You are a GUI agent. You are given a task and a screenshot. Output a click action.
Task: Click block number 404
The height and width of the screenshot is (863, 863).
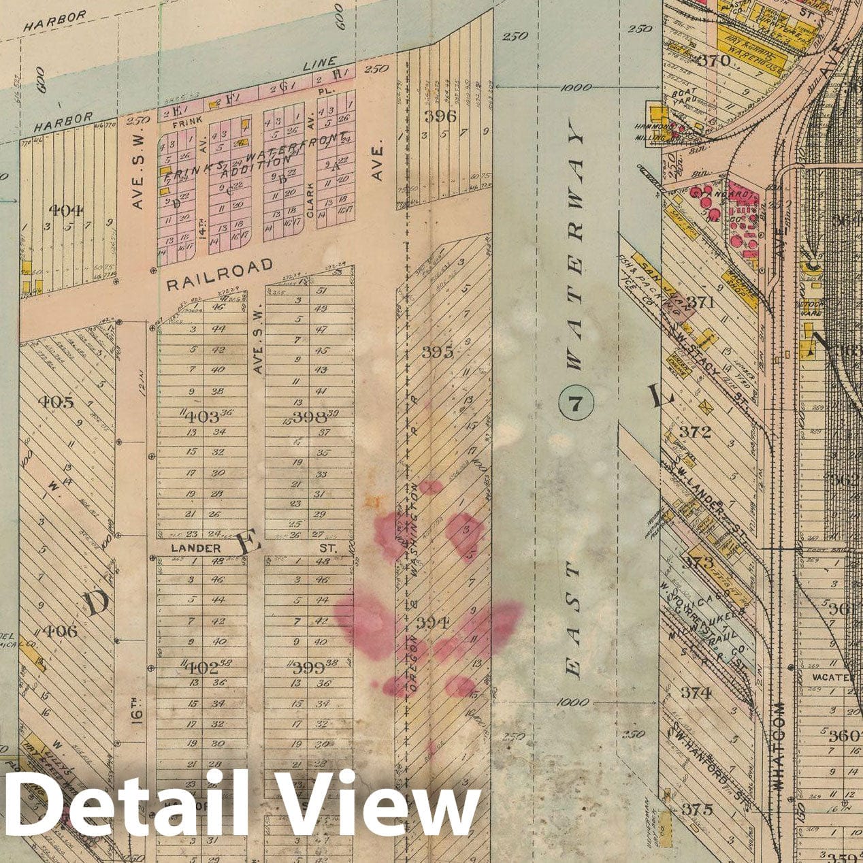tap(67, 210)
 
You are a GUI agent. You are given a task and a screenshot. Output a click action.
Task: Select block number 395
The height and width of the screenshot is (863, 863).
tap(437, 353)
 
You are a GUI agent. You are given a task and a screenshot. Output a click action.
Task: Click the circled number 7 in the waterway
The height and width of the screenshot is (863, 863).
tap(576, 405)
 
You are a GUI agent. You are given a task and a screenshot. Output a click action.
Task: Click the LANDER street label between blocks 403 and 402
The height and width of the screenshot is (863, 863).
tap(195, 548)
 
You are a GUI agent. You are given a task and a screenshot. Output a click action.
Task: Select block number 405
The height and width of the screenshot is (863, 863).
tap(57, 402)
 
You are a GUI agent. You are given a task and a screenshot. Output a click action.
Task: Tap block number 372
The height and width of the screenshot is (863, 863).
tap(695, 432)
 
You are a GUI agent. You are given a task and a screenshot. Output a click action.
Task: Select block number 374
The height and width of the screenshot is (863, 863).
tap(696, 693)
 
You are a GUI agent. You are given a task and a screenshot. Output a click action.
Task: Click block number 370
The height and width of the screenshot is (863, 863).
tap(714, 61)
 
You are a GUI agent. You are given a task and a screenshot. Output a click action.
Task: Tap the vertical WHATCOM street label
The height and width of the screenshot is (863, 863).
tap(779, 745)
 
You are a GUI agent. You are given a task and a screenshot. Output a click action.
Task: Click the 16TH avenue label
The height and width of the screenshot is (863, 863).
tap(138, 707)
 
